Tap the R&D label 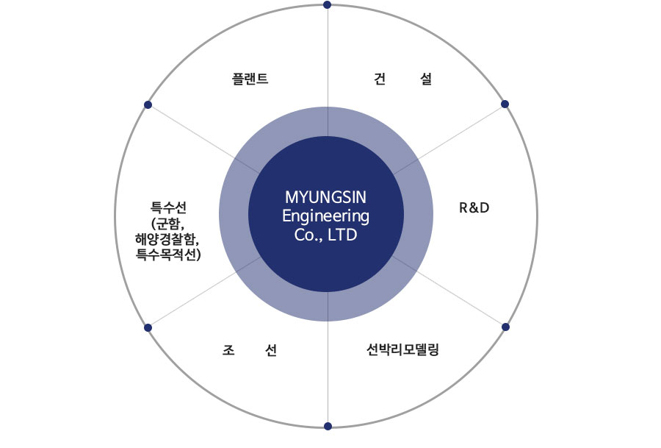click(474, 207)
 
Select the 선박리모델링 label click(402, 349)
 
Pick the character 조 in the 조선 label click(228, 350)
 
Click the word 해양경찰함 click(167, 238)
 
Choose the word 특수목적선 click(168, 255)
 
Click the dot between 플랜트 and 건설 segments click(327, 5)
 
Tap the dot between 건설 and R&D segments click(505, 104)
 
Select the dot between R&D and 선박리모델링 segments click(505, 326)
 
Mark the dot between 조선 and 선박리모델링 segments click(327, 426)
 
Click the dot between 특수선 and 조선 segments click(148, 327)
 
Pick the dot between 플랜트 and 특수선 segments click(148, 104)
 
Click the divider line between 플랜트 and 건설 click(327, 59)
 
